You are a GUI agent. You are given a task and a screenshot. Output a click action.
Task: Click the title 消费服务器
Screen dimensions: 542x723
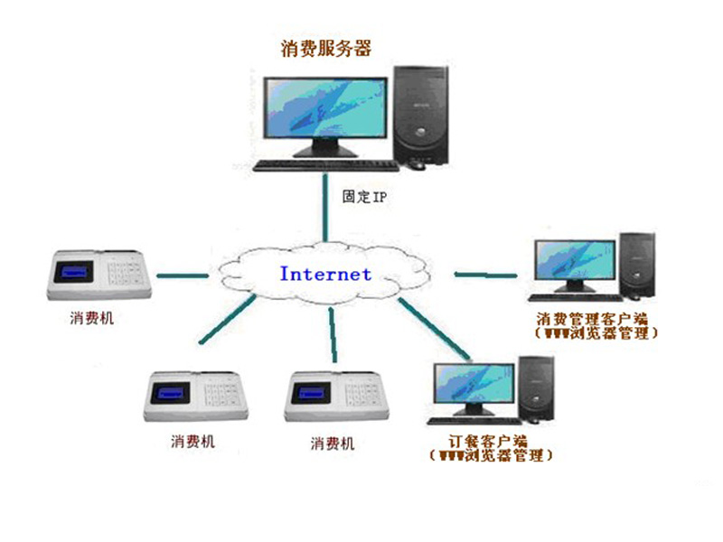pos(326,48)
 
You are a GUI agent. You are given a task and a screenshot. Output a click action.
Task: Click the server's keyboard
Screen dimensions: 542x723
pos(326,165)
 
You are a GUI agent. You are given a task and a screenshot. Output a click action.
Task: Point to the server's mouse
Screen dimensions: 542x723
pos(416,164)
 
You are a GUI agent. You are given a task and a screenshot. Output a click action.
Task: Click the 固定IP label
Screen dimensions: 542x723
pos(363,195)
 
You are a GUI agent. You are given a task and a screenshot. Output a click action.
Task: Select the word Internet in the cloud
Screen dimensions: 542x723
pos(325,273)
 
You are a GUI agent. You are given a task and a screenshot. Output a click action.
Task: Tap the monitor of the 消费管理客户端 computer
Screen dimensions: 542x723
pos(575,263)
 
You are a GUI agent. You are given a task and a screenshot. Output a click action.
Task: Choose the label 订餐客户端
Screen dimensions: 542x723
pos(488,440)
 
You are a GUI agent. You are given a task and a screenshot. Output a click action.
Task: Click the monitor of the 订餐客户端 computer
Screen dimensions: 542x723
pos(472,386)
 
